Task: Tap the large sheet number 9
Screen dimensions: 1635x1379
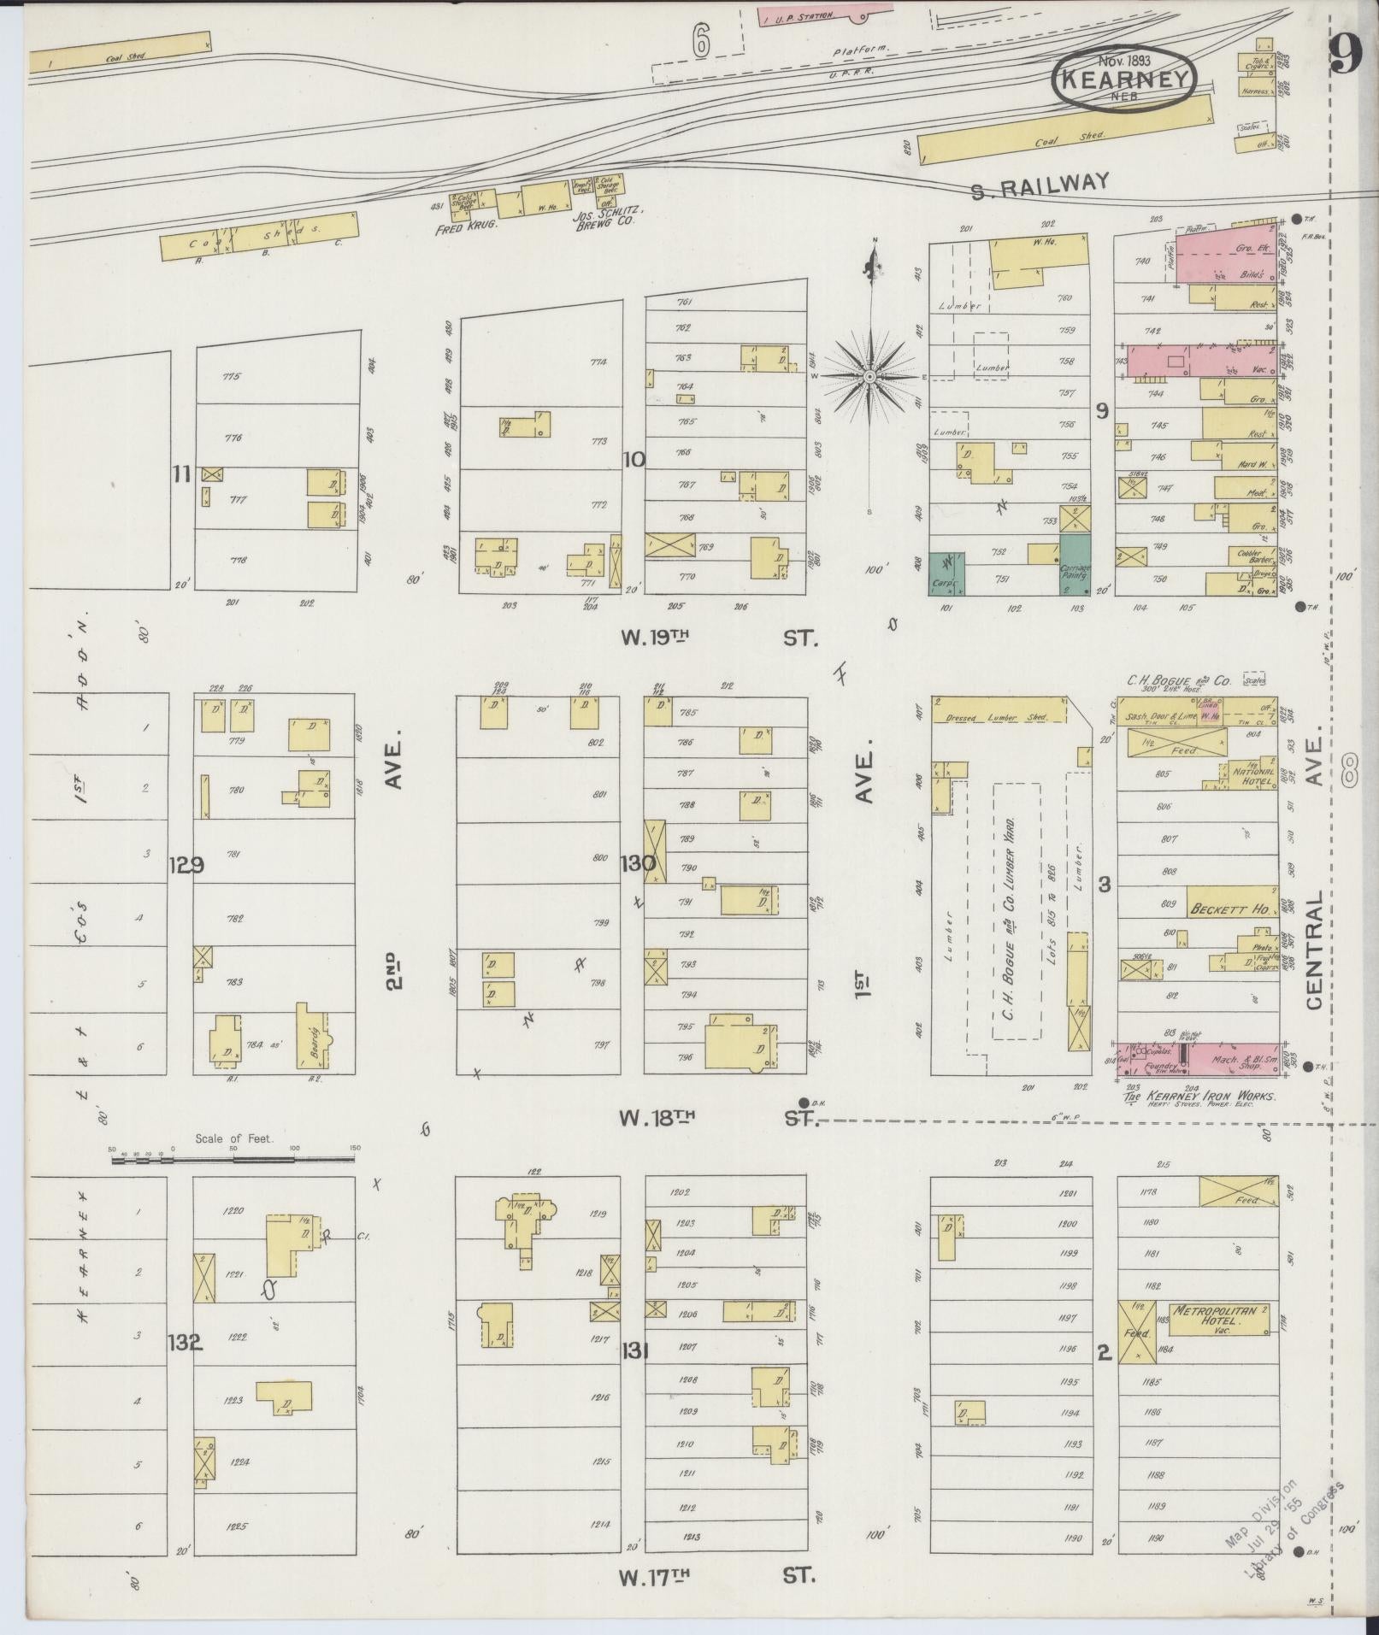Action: click(1345, 58)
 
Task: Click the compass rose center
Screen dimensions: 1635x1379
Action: click(869, 376)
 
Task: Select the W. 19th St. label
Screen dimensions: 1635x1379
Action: click(720, 637)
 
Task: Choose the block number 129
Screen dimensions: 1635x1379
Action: click(186, 865)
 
